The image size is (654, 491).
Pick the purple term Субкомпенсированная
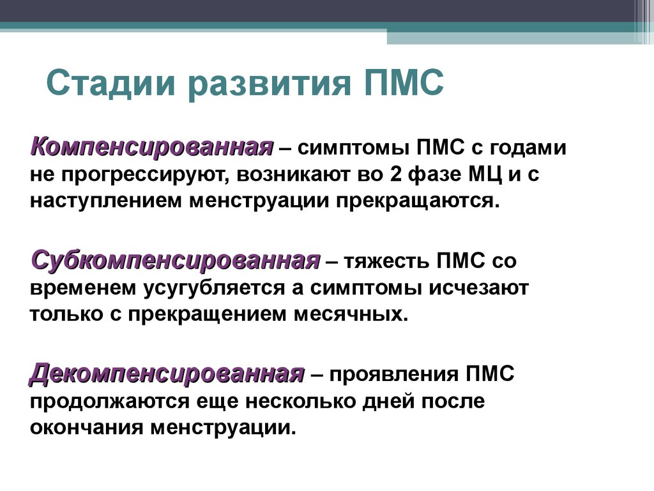click(176, 260)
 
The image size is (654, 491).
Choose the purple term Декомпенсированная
click(167, 373)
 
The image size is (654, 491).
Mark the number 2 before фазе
click(396, 174)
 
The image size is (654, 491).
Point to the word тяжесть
click(386, 261)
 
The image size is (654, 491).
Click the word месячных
click(351, 315)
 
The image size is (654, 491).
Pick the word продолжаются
click(110, 401)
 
